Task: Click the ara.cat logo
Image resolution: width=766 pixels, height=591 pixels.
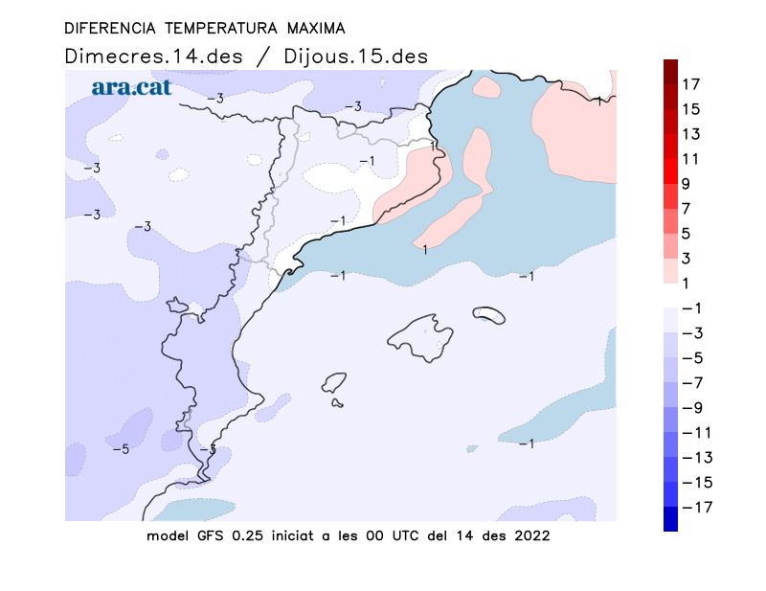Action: click(131, 87)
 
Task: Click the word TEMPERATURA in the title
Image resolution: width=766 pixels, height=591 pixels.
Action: click(221, 29)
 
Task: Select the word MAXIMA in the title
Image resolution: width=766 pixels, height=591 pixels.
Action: click(316, 29)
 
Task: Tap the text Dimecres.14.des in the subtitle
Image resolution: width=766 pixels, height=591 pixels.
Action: click(153, 57)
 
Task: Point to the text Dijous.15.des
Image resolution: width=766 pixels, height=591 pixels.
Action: click(355, 57)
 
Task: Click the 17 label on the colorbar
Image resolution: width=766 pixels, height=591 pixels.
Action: click(690, 84)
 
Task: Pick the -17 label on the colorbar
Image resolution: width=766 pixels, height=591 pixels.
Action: click(697, 508)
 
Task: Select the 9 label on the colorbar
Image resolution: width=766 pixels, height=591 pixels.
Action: click(686, 184)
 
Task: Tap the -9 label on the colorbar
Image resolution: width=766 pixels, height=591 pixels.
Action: click(692, 408)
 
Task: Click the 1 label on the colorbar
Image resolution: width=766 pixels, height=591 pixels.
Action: click(686, 284)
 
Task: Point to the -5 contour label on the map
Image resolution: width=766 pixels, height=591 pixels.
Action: click(121, 449)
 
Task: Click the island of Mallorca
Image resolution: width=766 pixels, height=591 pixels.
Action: click(420, 338)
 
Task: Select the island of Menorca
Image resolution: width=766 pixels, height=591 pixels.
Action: click(489, 314)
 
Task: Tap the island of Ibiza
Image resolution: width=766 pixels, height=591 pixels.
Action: click(334, 382)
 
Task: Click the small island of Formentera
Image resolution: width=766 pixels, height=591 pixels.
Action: click(337, 403)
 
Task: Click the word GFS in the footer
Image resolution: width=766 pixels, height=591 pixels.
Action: click(210, 535)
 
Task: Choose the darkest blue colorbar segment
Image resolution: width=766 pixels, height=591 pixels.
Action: click(671, 518)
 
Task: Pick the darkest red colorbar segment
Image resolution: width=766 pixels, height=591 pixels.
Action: click(671, 72)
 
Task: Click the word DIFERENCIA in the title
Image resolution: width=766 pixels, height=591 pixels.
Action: click(110, 29)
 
